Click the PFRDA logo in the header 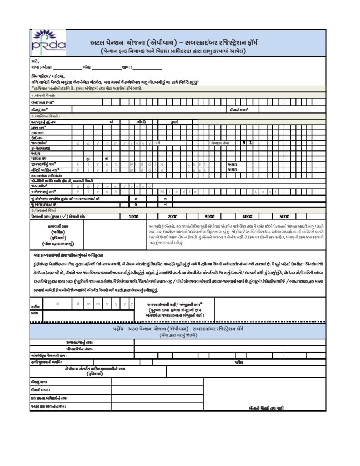pos(47,41)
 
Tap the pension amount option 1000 pos(133,216)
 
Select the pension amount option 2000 pos(172,216)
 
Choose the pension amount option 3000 pos(210,216)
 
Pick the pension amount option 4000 pos(247,216)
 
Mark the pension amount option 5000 pos(284,216)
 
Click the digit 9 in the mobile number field pos(244,143)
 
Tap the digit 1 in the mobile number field pos(250,143)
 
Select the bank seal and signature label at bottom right pos(266,408)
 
